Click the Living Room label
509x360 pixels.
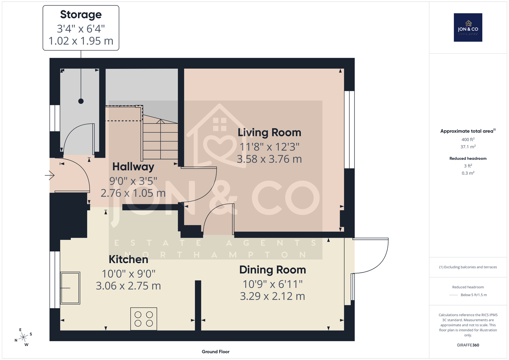click(269, 133)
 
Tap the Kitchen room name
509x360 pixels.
click(129, 259)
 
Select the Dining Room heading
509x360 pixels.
click(272, 270)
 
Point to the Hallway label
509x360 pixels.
click(133, 167)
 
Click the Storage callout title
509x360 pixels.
click(81, 15)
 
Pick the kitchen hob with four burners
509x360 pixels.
click(143, 319)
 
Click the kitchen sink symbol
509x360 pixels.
click(70, 288)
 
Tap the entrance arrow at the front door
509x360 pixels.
click(50, 175)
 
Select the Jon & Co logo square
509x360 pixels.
click(468, 27)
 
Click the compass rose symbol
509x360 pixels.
click(24, 337)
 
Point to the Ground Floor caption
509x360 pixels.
click(216, 352)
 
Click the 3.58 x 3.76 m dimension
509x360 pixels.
click(269, 159)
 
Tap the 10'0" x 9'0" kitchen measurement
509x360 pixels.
click(129, 274)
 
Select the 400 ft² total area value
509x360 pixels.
click(468, 139)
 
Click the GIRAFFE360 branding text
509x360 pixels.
click(468, 345)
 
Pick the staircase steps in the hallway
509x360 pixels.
click(160, 139)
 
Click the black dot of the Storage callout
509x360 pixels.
click(81, 101)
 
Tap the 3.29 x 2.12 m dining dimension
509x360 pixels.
click(272, 296)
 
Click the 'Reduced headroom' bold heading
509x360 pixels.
click(468, 159)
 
